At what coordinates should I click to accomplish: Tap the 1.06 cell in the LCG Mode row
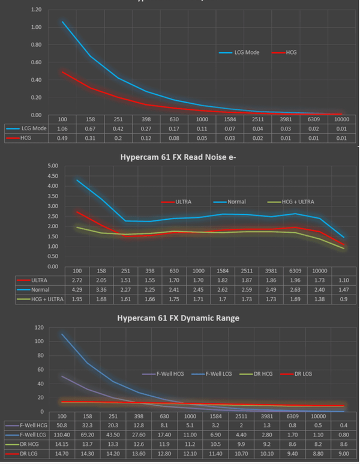(x=61, y=128)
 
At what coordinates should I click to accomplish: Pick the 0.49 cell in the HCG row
(x=61, y=139)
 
